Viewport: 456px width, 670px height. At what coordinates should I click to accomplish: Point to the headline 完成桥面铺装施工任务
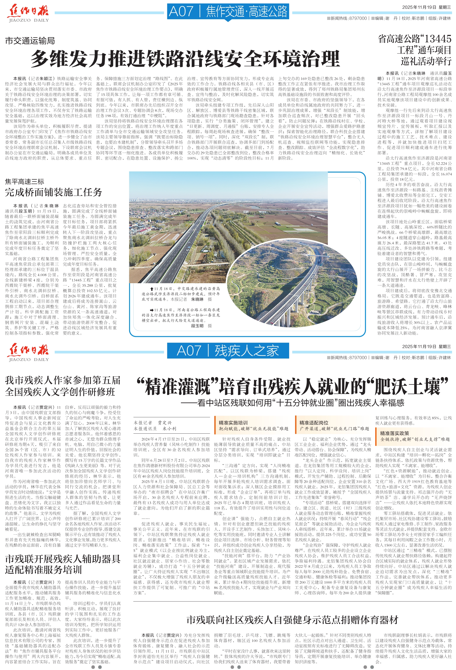point(54,192)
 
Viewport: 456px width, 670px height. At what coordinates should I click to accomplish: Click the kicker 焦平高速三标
point(24,182)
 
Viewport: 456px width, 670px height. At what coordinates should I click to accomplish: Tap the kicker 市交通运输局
point(30,41)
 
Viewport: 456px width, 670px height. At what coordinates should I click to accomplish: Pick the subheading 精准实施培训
point(233,423)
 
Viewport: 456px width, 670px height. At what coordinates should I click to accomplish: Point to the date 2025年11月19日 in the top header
point(419,8)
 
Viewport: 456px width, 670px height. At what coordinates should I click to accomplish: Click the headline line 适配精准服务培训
point(43,570)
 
